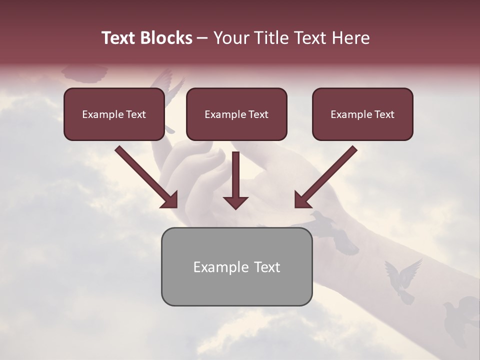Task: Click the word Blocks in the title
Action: [x=166, y=38]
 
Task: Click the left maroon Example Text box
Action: [x=114, y=114]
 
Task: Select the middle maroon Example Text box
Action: [x=236, y=114]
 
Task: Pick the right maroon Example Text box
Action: [x=362, y=114]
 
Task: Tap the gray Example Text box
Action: [x=236, y=266]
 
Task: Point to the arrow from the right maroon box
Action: [x=327, y=175]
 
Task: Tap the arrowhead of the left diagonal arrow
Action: [x=170, y=200]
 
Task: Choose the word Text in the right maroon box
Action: [x=384, y=114]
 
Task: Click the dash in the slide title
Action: [x=202, y=38]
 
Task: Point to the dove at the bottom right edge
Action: [x=465, y=315]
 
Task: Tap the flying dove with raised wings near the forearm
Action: [x=403, y=280]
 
